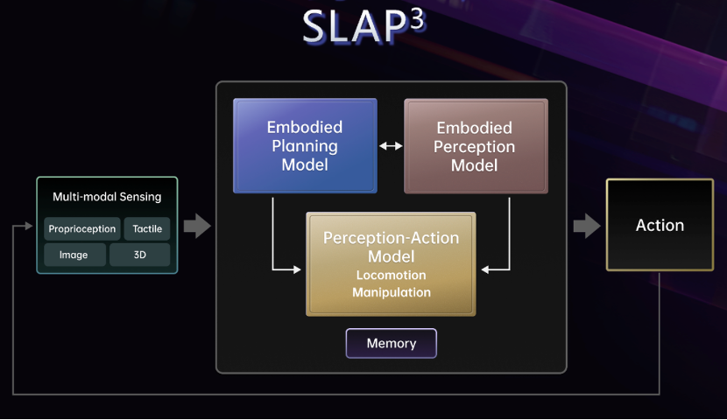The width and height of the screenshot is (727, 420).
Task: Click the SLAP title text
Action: click(364, 26)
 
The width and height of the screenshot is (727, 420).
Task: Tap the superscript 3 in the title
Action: click(417, 20)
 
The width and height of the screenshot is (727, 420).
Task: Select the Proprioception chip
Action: click(82, 228)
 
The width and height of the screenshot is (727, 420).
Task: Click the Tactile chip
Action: click(147, 228)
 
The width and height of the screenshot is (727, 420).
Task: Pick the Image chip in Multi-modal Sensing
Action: click(74, 255)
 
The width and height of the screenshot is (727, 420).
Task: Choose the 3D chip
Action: click(139, 255)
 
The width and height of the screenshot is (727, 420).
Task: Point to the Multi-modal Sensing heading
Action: click(107, 197)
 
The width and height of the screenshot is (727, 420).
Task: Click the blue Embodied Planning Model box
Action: click(305, 145)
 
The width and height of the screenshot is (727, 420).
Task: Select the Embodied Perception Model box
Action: click(476, 146)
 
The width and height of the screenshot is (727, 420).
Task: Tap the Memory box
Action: click(392, 343)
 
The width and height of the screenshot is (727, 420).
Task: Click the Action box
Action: click(660, 225)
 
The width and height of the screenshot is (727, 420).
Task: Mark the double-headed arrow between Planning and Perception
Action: click(391, 146)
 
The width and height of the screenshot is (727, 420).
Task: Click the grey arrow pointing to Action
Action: click(587, 226)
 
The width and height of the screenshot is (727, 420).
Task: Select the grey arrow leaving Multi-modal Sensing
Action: click(197, 226)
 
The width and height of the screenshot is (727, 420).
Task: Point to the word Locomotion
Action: click(391, 275)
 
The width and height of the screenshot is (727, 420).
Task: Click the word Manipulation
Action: click(392, 292)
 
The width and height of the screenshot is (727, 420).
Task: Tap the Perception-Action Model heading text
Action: click(391, 247)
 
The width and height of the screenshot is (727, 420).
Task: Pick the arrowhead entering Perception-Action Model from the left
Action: click(297, 269)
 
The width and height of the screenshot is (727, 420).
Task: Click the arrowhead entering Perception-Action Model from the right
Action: click(485, 269)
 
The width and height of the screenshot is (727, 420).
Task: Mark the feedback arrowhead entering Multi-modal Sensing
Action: click(29, 226)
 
